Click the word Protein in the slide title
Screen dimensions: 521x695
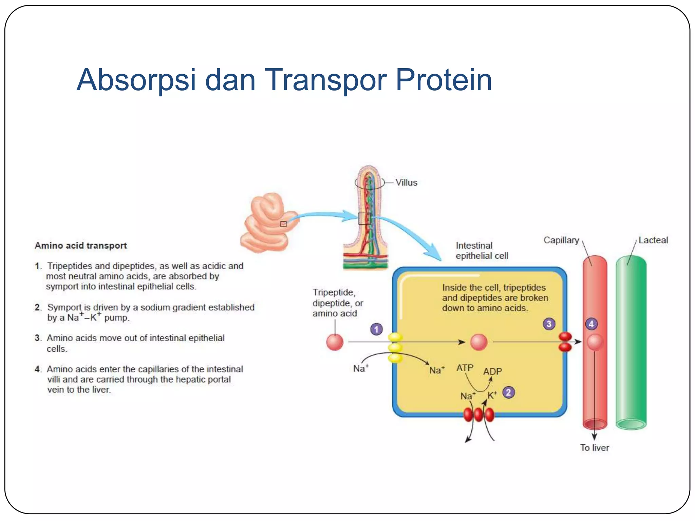(444, 80)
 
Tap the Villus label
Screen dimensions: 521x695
(406, 182)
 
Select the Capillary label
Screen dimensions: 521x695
(561, 240)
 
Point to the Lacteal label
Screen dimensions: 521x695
(653, 240)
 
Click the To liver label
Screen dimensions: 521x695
(594, 448)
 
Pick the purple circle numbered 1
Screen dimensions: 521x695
(376, 329)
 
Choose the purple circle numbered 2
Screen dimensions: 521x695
(508, 392)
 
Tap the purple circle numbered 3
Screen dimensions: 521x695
(549, 324)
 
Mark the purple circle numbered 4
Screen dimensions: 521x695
(591, 324)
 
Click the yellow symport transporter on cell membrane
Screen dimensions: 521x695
(395, 347)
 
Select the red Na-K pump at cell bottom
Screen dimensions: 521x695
(478, 414)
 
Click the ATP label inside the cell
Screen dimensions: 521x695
(465, 368)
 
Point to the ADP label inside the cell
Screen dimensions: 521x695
(492, 371)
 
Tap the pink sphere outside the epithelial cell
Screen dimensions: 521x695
(335, 342)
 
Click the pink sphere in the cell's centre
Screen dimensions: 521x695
(479, 342)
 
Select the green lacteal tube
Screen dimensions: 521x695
(631, 343)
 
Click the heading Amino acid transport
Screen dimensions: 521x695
(81, 246)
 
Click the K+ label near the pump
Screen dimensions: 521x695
(492, 395)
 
